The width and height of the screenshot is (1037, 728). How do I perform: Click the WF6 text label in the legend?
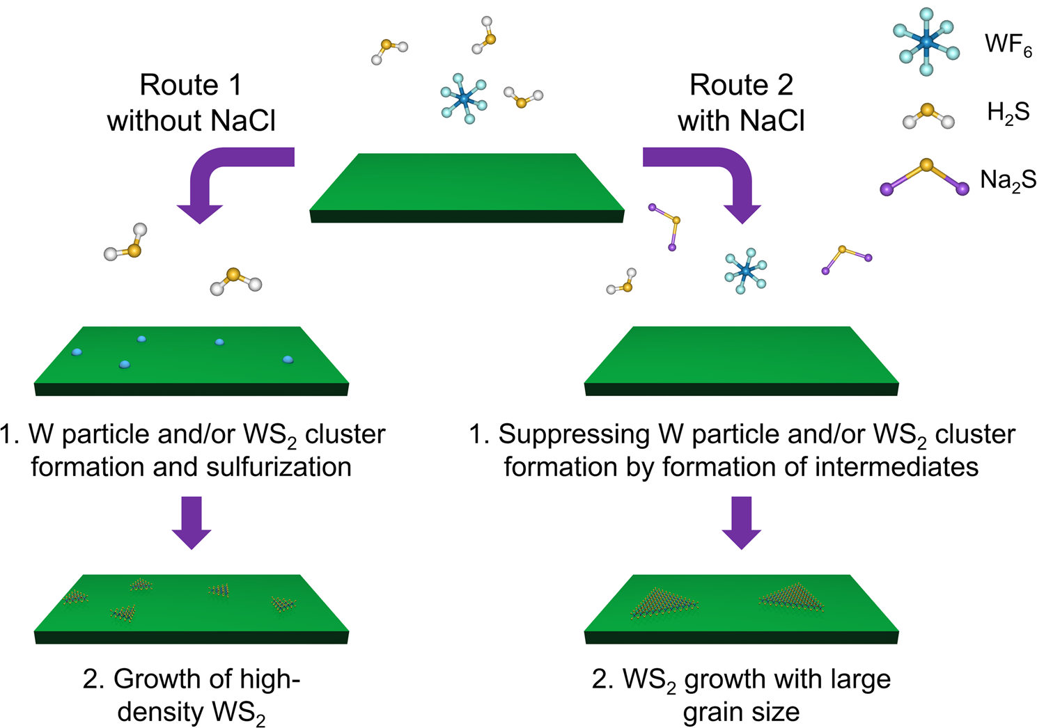tap(1008, 45)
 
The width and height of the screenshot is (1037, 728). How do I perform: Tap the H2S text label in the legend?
tap(1008, 113)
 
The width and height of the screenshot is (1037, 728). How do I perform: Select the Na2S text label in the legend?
tap(1008, 180)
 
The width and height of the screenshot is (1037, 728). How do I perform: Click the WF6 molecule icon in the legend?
tap(926, 42)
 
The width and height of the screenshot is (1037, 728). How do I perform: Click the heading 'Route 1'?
tap(191, 85)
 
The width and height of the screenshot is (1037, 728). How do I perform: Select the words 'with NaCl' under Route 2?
tap(741, 121)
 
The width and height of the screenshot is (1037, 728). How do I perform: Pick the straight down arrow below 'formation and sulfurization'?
tap(191, 523)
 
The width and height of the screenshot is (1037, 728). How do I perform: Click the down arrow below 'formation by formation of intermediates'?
tap(741, 523)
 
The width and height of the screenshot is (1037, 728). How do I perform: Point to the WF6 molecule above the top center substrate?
tap(464, 99)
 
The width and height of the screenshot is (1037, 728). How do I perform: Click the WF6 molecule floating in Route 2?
tap(745, 270)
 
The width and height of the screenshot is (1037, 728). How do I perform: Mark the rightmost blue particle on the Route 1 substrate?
tap(288, 359)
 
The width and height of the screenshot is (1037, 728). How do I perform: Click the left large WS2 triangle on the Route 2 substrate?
tap(664, 603)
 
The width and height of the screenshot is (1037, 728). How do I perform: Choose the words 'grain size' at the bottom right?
tap(741, 712)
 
